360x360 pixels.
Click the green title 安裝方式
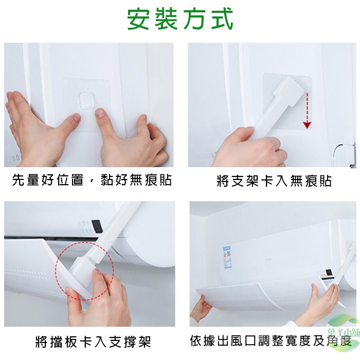180,19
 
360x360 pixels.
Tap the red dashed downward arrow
307,111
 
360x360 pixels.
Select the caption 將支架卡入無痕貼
274,181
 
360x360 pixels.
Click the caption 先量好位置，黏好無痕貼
92,180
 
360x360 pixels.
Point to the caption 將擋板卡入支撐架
93,342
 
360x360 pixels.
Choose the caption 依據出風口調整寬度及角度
271,340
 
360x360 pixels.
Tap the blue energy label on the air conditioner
227,257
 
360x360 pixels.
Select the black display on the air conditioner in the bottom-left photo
96,225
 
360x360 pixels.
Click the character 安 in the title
138,20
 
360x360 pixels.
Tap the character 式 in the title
222,20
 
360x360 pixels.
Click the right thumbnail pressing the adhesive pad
100,113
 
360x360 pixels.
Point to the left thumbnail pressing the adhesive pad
75,118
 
